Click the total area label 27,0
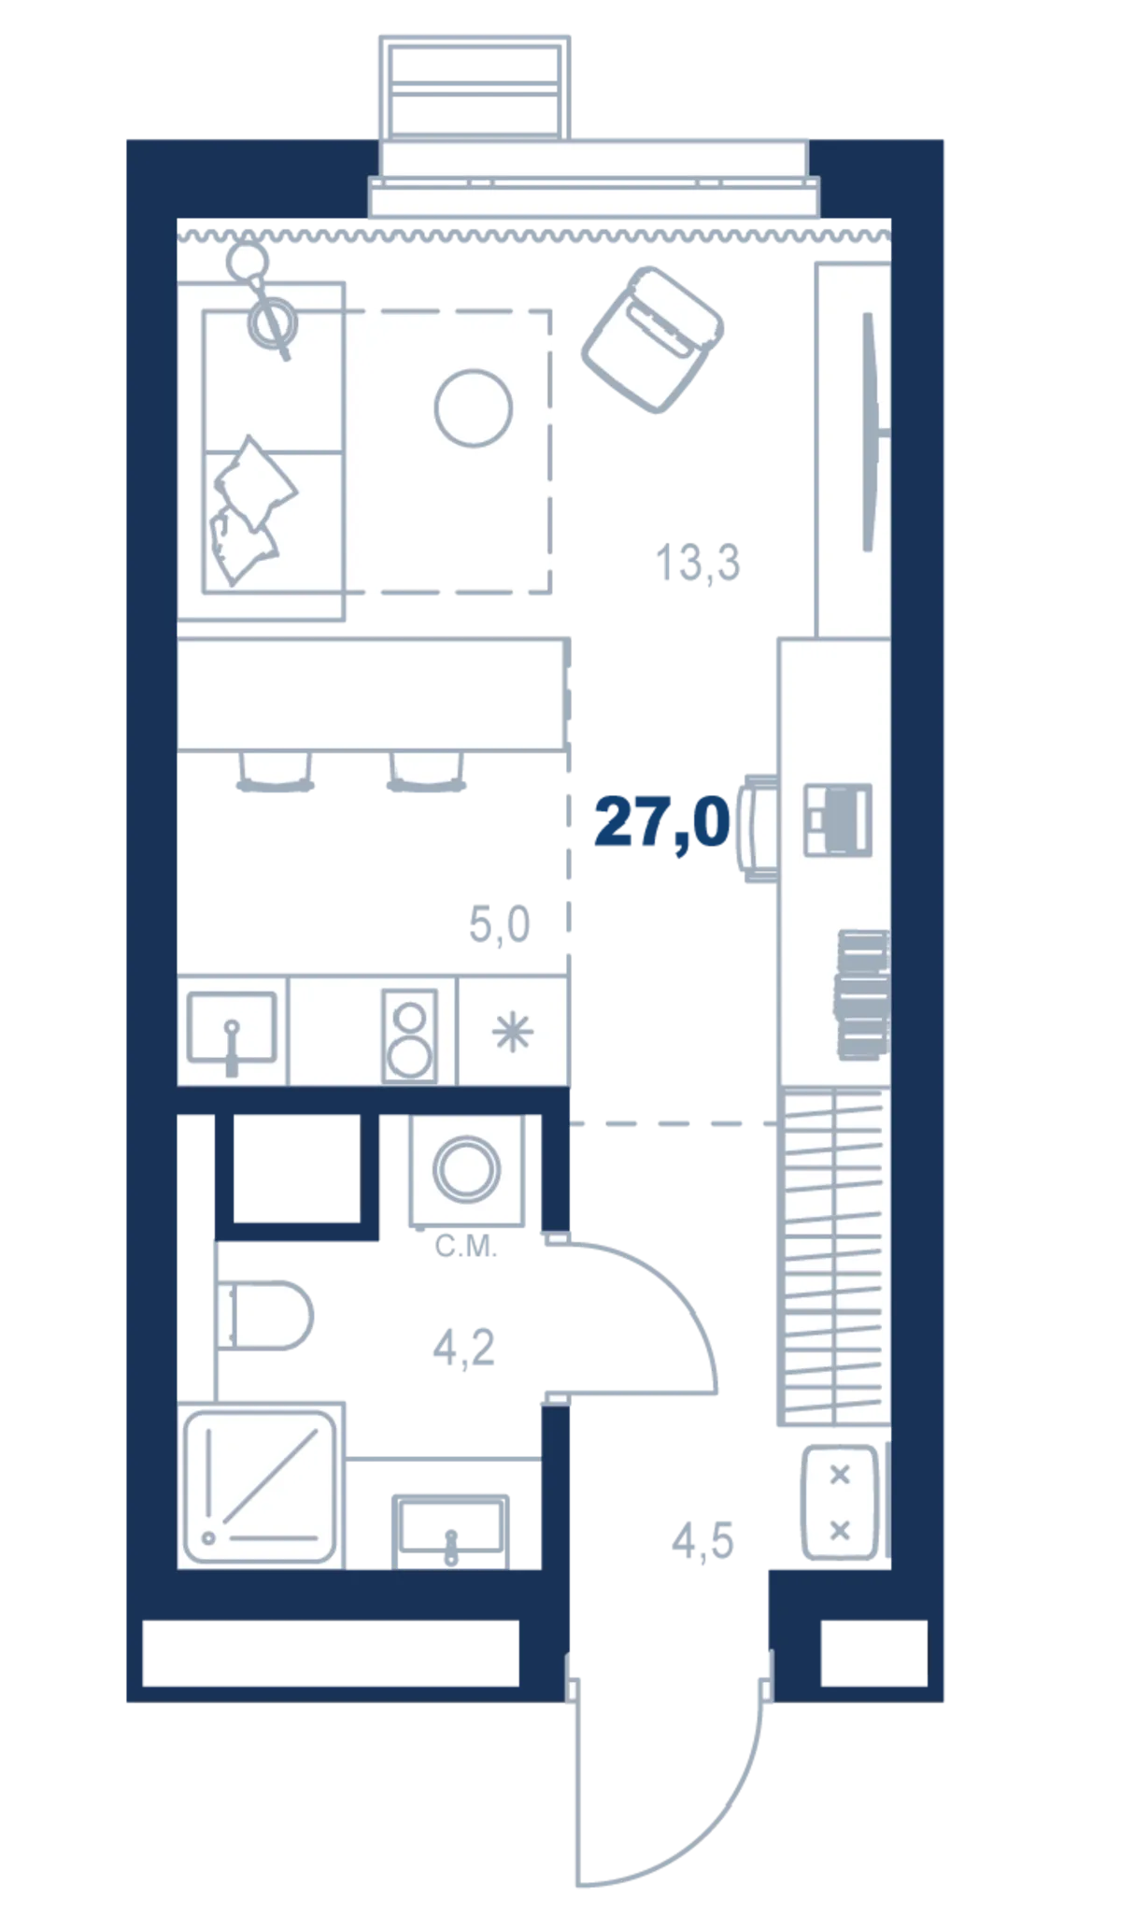tap(661, 822)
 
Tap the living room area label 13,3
tap(698, 563)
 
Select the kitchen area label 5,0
tap(499, 924)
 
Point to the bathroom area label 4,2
tap(463, 1348)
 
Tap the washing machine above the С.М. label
tap(466, 1169)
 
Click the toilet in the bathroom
tap(264, 1315)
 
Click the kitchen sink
tap(232, 1030)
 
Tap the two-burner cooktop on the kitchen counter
tap(409, 1036)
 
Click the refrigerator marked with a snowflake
tap(513, 1032)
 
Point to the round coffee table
tap(474, 407)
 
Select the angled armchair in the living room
tap(652, 339)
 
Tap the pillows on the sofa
tap(249, 509)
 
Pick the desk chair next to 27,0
tap(759, 827)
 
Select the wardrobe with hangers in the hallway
tap(833, 1256)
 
